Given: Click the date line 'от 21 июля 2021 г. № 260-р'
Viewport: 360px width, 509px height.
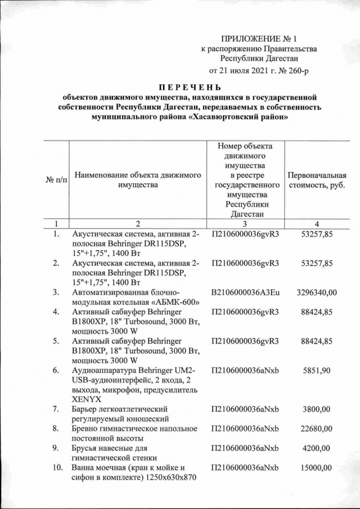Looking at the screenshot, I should [x=259, y=71].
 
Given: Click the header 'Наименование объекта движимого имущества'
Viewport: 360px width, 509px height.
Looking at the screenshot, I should [x=138, y=180].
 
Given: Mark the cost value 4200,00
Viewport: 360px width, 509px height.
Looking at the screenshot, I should [x=319, y=448].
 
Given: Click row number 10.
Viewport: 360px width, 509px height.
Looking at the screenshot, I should [x=56, y=468].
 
